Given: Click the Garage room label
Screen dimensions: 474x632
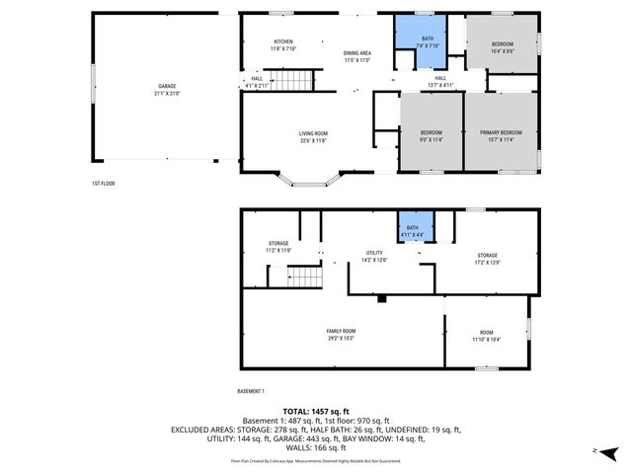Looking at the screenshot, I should [x=166, y=90].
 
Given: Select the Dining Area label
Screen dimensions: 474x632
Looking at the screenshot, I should [x=356, y=56].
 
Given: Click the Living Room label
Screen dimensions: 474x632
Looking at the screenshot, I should [x=313, y=136].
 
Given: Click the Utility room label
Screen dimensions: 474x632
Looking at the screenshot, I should [x=373, y=256].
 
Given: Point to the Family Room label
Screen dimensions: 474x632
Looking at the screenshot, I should [x=342, y=334].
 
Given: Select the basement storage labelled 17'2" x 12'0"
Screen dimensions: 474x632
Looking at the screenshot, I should [x=488, y=258].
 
